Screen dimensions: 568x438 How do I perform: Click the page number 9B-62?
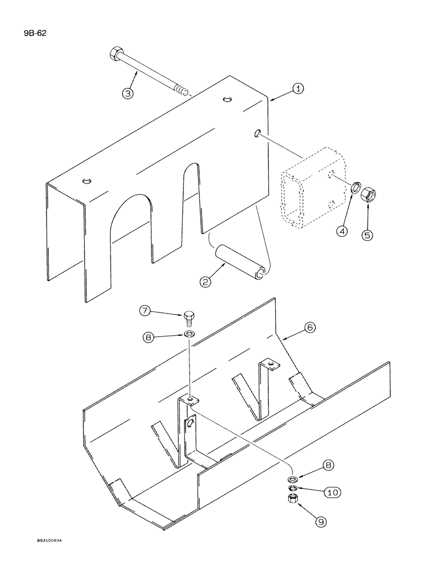[x=35, y=34]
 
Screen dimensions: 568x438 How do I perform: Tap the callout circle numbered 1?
[x=298, y=89]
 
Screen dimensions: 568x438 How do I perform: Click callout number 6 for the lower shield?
[x=310, y=328]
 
